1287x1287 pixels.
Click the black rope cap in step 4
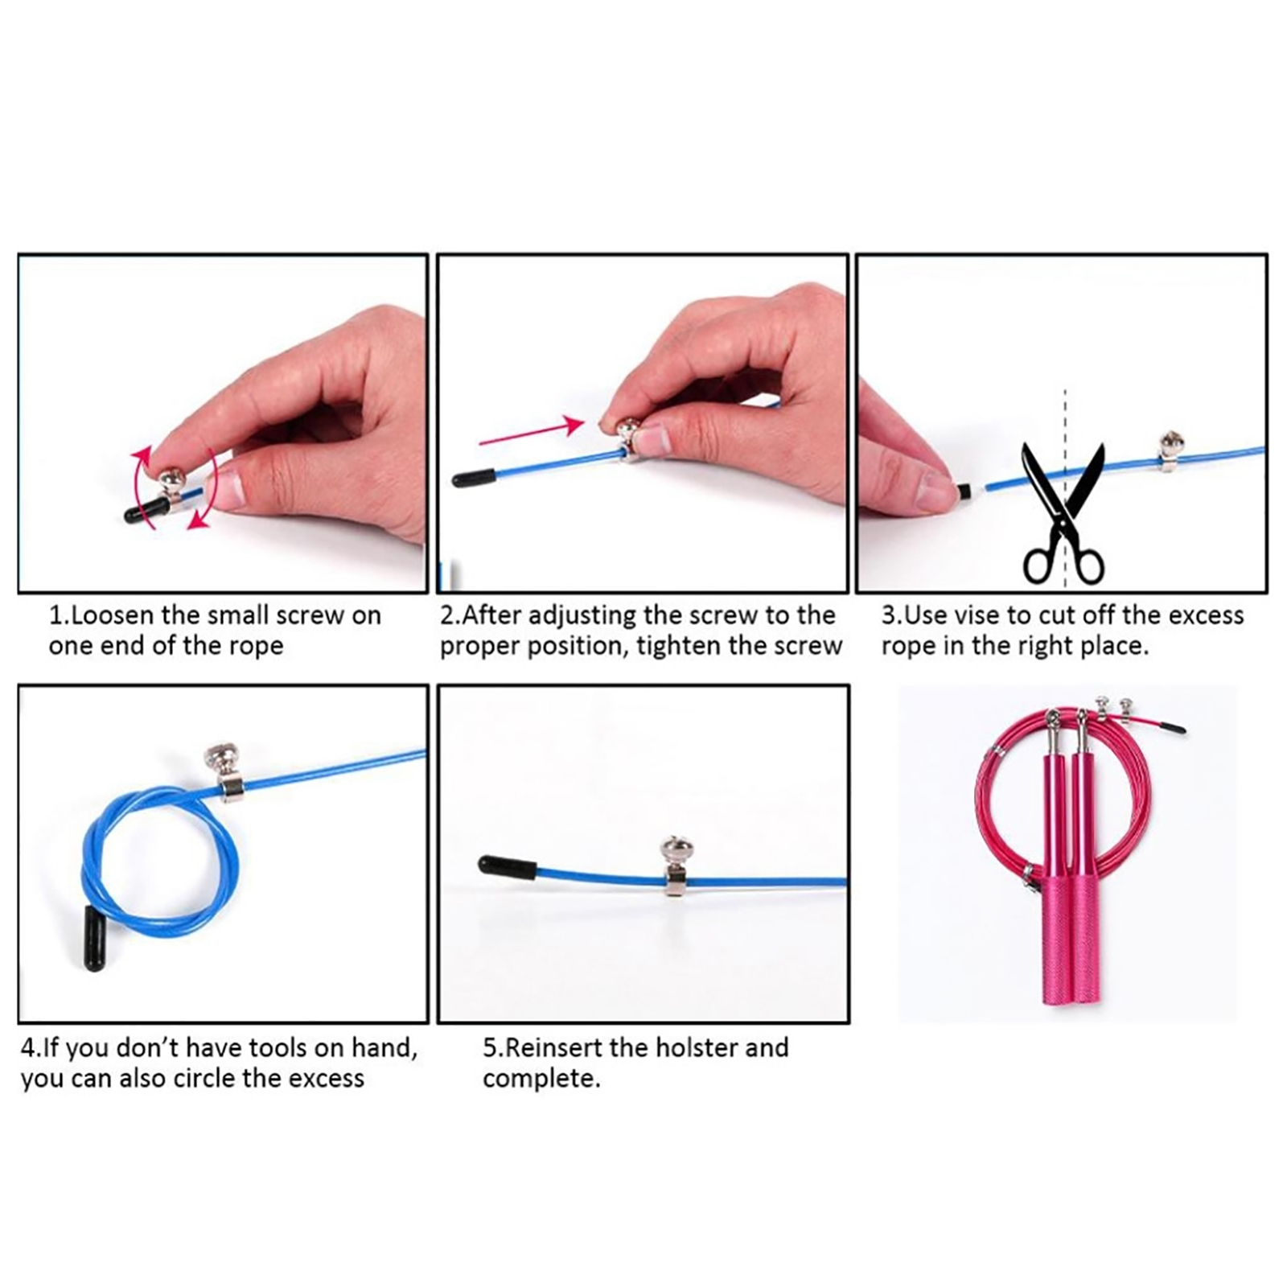pyautogui.click(x=95, y=938)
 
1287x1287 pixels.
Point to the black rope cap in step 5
pyautogui.click(x=507, y=867)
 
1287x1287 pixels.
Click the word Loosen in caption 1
pyautogui.click(x=112, y=615)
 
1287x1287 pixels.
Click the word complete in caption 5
pyautogui.click(x=541, y=1079)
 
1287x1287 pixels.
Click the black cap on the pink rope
pyautogui.click(x=1172, y=727)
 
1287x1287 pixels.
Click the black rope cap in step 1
pyautogui.click(x=146, y=510)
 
